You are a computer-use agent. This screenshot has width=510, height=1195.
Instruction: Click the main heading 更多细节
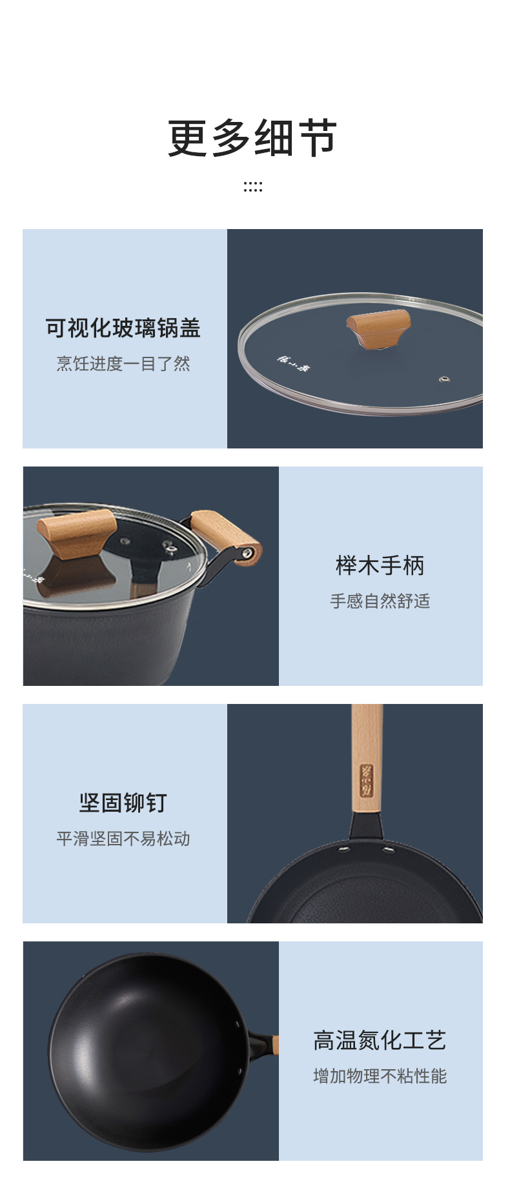pos(252,137)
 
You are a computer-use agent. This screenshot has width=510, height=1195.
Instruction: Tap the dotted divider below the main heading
pos(252,187)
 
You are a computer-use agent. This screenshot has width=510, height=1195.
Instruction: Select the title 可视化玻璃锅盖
pos(123,328)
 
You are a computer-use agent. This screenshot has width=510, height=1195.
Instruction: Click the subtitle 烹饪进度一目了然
pos(123,364)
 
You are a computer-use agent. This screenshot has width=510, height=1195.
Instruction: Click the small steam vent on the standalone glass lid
pos(444,379)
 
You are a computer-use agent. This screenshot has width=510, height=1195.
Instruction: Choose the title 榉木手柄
pos(380,565)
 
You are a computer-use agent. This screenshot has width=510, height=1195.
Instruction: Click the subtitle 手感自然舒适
pos(380,601)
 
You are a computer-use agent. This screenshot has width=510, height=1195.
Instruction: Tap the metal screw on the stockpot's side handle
pos(247,552)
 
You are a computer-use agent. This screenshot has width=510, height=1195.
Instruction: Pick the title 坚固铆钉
pos(123,803)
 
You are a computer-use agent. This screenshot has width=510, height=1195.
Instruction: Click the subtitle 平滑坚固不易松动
pos(123,839)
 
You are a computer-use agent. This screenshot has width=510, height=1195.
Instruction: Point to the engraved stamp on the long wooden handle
pos(367,779)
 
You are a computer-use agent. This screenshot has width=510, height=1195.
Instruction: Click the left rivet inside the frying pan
pos(345,845)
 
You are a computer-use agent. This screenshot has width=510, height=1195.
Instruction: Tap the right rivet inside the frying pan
pos(388,850)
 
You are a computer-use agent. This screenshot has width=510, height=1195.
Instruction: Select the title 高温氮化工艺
pos(380,1040)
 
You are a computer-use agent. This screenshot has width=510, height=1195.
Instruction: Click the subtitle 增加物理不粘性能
pos(380,1076)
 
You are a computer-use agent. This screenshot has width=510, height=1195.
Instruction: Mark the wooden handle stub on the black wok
pos(276,1045)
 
